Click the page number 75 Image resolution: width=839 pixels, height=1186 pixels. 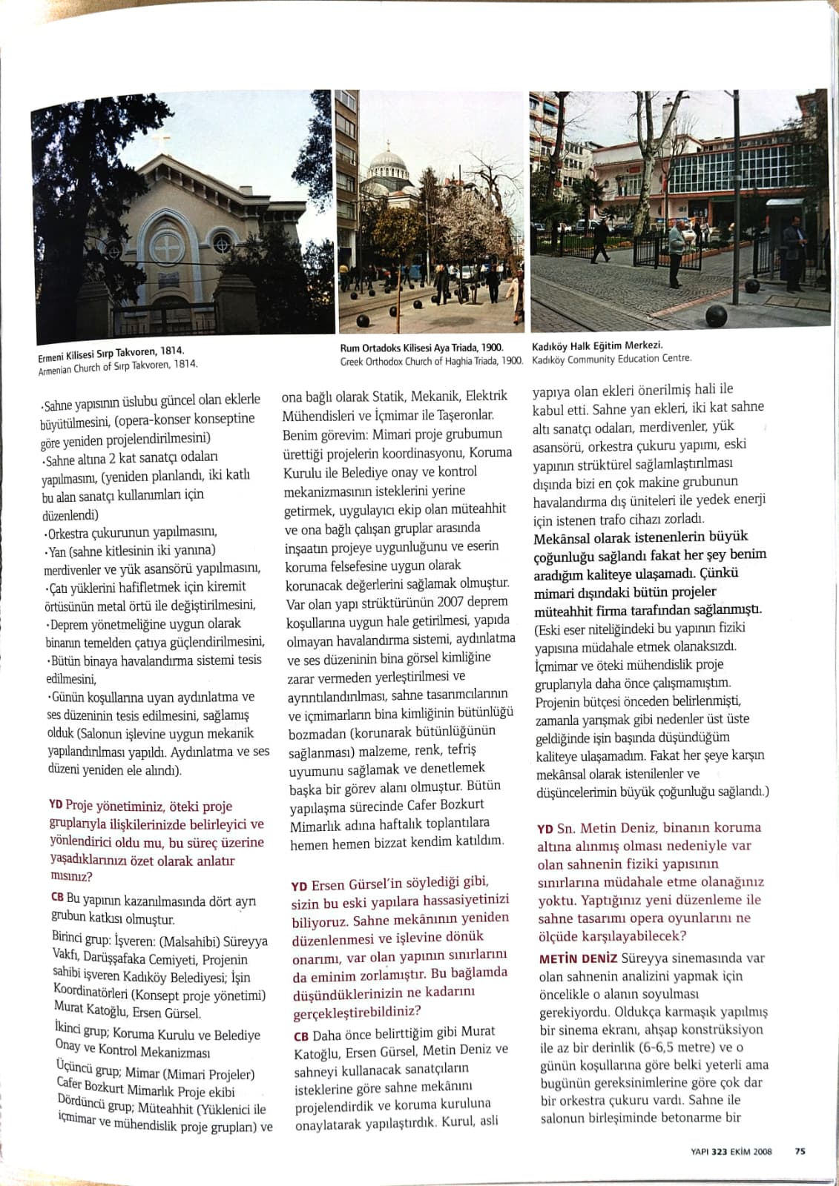[800, 1151]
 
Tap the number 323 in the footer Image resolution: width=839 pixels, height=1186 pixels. [719, 1151]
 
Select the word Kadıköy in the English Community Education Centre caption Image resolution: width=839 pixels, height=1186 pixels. [548, 359]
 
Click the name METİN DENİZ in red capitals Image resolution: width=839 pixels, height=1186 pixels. [579, 958]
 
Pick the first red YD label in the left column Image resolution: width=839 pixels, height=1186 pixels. [56, 804]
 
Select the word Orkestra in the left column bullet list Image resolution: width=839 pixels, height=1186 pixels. [74, 534]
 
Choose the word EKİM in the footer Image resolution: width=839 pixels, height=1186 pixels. [743, 1151]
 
